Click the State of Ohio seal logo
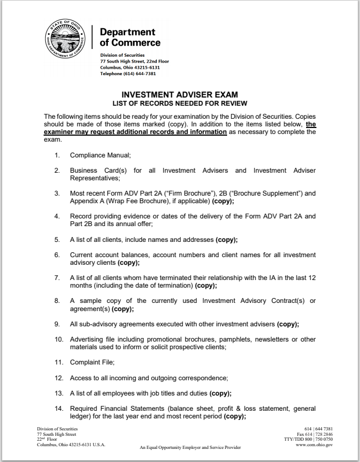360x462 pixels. [65, 41]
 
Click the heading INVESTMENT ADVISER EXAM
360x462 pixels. [179, 94]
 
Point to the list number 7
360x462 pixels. [57, 278]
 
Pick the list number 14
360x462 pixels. [58, 409]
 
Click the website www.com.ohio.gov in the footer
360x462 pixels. [314, 445]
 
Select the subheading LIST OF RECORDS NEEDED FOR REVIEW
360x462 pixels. [180, 103]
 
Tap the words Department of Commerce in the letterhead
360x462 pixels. [130, 37]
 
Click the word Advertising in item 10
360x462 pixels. [89, 339]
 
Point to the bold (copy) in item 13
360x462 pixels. [220, 393]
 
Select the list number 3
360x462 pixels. [57, 193]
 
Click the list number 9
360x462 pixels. [57, 324]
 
